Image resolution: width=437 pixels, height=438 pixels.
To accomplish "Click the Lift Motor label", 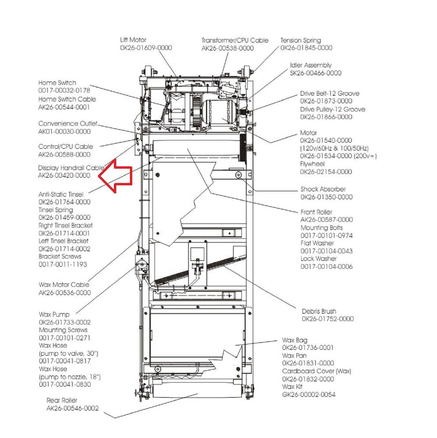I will tap(133, 40).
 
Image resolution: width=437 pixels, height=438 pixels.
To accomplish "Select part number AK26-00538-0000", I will tap(228, 48).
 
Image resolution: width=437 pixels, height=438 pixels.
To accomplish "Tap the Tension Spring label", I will tap(301, 40).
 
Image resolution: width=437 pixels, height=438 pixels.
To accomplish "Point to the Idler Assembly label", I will tap(311, 65).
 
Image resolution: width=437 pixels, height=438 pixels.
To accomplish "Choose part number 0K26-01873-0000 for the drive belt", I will tap(326, 101).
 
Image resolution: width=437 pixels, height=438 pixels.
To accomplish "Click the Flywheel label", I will tap(312, 164).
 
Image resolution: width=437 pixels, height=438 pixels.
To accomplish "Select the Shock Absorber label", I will tap(323, 189).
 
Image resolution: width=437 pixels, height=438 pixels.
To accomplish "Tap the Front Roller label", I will tap(316, 212).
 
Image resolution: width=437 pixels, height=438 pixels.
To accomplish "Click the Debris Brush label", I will tap(319, 311).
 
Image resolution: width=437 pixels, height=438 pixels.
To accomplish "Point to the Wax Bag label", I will tap(295, 340).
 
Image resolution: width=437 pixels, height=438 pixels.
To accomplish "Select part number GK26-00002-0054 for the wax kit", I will tap(309, 395).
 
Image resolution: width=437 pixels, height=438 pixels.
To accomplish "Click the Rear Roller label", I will tap(62, 400).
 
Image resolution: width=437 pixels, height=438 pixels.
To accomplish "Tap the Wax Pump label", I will tap(54, 315).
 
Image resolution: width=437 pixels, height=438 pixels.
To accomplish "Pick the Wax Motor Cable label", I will tap(64, 285).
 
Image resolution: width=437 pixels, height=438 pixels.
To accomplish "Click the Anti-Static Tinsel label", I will tap(61, 194).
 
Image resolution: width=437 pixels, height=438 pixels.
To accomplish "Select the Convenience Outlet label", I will tap(68, 124).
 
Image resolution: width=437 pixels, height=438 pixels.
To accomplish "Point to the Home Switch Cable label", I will tap(67, 99).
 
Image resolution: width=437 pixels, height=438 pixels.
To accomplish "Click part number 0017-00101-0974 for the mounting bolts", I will tap(326, 235).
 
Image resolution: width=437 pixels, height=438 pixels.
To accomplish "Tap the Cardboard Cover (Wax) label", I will tap(316, 371).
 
